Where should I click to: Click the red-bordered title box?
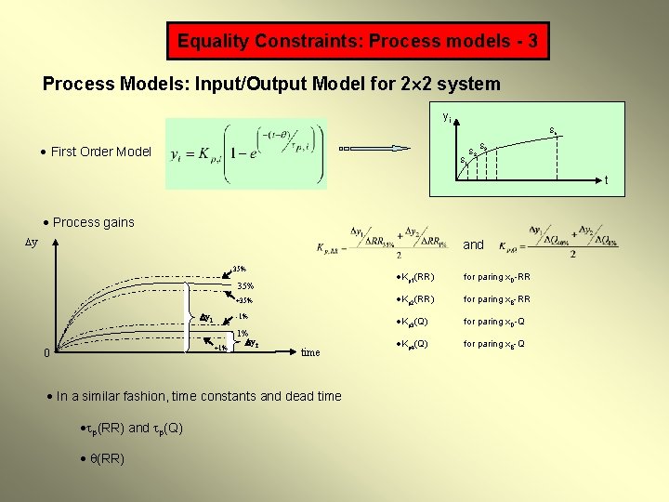point(358,41)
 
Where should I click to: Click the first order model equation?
point(246,154)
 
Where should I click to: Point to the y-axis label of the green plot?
point(447,118)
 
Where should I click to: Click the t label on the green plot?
point(607,180)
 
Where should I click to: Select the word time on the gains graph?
point(310,352)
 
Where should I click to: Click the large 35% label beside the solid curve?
point(245,285)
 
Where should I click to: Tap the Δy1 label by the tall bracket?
point(207,318)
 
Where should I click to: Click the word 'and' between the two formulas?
point(474,244)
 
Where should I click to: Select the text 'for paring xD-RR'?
point(497,277)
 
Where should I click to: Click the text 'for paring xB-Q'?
point(494,344)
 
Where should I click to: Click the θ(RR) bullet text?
point(105,458)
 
